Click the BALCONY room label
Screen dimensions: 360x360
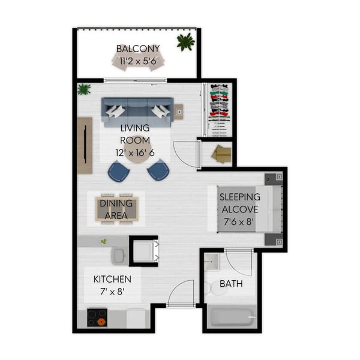(137, 49)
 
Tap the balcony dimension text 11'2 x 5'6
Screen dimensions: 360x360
(137, 60)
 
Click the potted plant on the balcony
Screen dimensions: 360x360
(186, 42)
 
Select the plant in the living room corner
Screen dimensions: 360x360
(83, 89)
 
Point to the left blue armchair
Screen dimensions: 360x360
(119, 172)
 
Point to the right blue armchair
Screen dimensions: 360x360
(158, 170)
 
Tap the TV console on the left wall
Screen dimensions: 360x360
(85, 145)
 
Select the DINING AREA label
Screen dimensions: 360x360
(116, 209)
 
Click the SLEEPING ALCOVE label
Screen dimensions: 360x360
(239, 203)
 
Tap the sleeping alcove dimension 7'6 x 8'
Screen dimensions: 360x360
(239, 221)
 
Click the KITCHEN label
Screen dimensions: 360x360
(112, 280)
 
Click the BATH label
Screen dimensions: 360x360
(231, 283)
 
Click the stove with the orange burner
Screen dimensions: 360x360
(97, 317)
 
